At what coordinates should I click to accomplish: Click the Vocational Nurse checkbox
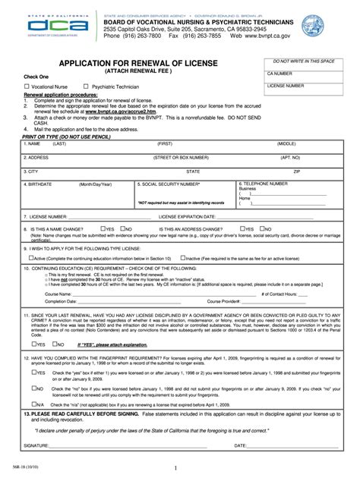[27, 87]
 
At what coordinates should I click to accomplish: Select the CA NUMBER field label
[280, 74]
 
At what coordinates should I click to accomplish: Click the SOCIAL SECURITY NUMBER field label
[172, 184]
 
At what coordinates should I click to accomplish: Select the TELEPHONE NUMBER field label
[266, 183]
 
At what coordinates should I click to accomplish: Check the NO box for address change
[261, 228]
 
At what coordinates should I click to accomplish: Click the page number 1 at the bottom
[175, 468]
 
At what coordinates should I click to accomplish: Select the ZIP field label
[297, 171]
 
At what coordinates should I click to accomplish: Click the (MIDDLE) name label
[286, 143]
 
